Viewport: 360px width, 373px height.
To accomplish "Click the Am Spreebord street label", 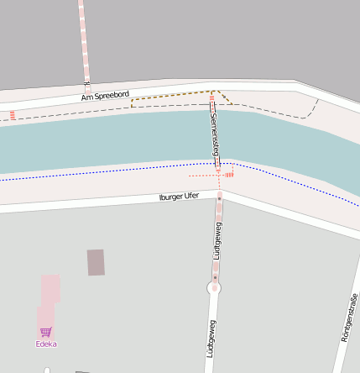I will tap(105, 97).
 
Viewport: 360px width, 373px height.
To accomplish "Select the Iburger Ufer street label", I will tap(179, 197).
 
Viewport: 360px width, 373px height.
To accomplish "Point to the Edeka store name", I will tap(46, 344).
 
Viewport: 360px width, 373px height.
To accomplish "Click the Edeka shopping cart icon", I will tap(46, 332).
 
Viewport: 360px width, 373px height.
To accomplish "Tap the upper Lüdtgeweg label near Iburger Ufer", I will tap(217, 240).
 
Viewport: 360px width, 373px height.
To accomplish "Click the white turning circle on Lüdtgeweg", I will tap(215, 288).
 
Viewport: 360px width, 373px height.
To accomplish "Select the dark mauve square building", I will tap(97, 262).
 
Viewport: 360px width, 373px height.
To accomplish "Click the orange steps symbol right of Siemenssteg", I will tap(229, 175).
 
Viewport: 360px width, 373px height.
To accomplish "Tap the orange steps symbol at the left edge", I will tap(13, 115).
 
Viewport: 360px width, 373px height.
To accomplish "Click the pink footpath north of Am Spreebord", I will tap(84, 42).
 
